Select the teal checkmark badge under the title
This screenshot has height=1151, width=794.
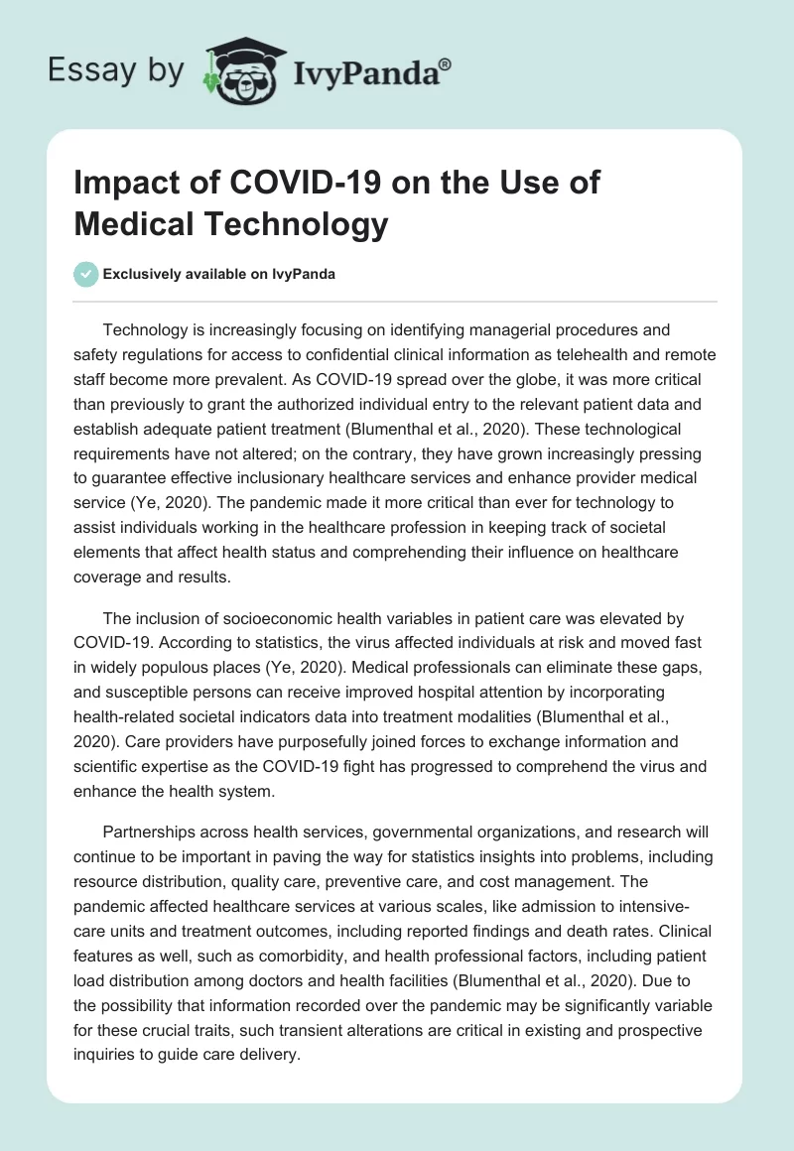tap(86, 274)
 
